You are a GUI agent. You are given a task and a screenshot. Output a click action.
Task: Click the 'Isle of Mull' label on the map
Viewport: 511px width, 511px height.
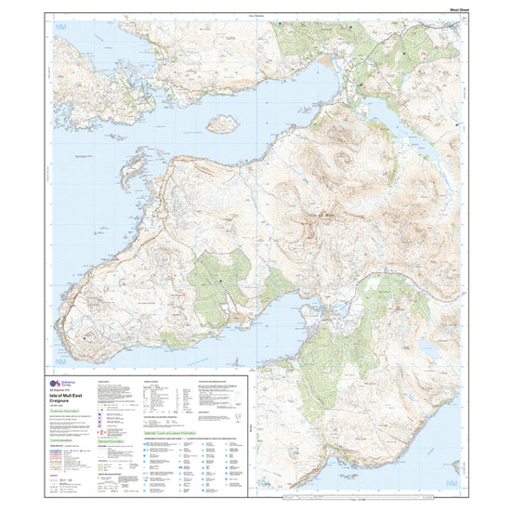pos(318,216)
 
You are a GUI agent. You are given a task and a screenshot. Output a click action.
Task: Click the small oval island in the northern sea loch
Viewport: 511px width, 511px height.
pos(222,124)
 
